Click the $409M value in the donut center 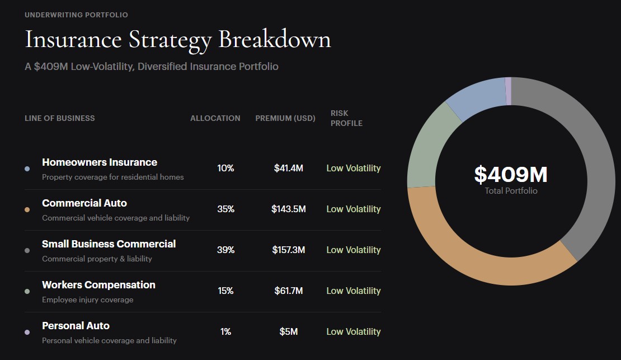511,175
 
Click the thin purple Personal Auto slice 508,91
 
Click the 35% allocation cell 226,209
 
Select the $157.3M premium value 288,250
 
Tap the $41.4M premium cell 288,168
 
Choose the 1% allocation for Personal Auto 226,331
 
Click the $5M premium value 288,331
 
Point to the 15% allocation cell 226,291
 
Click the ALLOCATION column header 215,118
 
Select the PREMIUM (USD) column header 285,118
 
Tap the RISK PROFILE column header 346,118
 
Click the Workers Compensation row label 98,284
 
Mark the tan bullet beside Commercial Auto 27,209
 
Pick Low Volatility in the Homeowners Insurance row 353,168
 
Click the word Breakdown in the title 275,39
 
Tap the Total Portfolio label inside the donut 511,191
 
